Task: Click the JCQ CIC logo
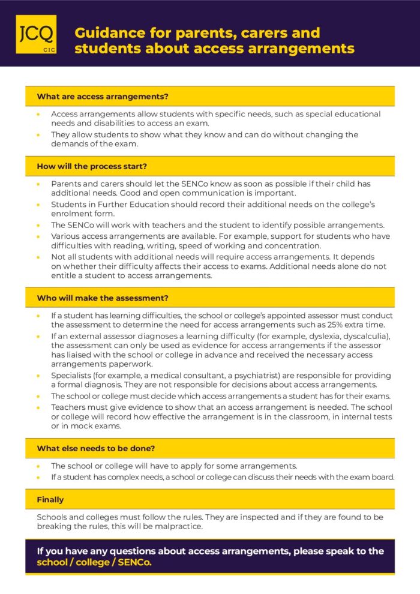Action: pos(36,34)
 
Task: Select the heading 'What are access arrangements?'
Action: pos(103,97)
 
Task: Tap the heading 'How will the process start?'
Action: pos(92,166)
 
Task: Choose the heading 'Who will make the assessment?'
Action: pos(103,298)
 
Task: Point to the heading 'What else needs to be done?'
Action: pos(100,448)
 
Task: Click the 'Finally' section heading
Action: pos(50,499)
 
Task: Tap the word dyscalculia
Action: pos(365,335)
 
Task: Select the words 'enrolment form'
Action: pos(78,214)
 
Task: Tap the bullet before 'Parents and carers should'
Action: pos(39,184)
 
